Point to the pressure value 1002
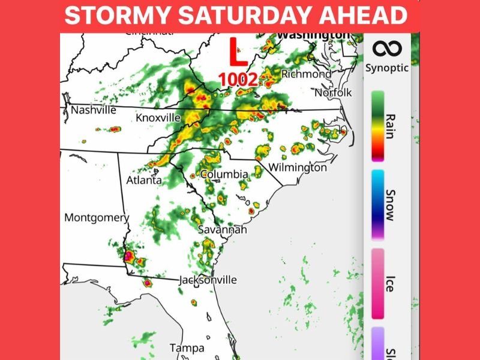pos(238,79)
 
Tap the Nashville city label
pos(93,110)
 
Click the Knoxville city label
pos(158,118)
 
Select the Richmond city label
pos(306,74)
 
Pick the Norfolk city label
pos(333,93)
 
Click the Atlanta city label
pos(143,180)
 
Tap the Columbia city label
pos(224,174)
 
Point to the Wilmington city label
pos(298,167)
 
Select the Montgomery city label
pos(97,217)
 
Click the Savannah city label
pos(223,230)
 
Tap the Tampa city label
pos(187,348)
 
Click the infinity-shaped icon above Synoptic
pos(387,48)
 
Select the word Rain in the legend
pos(389,126)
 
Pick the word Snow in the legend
pos(389,205)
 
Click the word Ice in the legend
pos(389,284)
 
